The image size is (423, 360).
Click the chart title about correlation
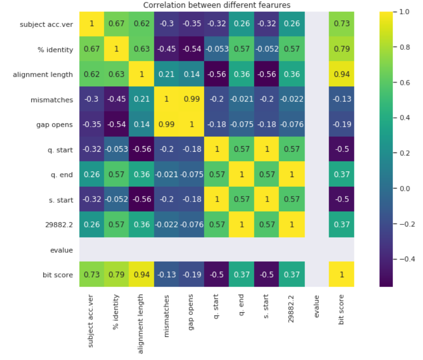click(217, 5)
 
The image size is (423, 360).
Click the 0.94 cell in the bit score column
click(342, 74)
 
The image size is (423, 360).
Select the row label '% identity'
click(55, 49)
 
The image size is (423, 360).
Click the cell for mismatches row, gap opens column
click(192, 100)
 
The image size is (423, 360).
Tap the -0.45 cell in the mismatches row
click(117, 100)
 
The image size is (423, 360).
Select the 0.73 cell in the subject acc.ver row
click(342, 24)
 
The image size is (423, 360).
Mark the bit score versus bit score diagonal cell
click(342, 275)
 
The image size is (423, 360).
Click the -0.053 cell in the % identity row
click(217, 49)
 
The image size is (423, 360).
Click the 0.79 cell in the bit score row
click(117, 275)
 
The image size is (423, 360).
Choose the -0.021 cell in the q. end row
click(166, 175)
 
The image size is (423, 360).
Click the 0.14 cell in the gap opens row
click(141, 125)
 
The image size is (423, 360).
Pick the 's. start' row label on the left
click(59, 200)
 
